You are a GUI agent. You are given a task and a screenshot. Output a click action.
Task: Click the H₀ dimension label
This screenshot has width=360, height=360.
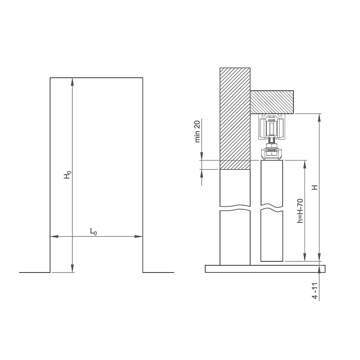67,175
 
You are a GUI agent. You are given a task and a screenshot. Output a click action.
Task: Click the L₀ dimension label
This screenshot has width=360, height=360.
93,232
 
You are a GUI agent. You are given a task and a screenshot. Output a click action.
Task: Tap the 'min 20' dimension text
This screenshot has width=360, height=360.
198,132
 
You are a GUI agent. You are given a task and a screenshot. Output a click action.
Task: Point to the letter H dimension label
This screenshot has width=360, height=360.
315,187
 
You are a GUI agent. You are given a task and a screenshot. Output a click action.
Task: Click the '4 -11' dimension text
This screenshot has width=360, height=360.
315,291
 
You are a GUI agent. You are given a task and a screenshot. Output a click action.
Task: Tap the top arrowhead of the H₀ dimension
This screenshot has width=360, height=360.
73,81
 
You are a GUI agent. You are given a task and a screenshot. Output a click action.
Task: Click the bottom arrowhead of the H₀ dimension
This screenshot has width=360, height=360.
73,269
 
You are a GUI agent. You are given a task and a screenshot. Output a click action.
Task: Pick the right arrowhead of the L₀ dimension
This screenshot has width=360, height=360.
139,237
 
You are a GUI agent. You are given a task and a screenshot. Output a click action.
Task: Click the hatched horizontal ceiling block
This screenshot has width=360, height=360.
273,102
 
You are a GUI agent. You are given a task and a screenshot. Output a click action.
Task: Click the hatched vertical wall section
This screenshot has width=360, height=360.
235,119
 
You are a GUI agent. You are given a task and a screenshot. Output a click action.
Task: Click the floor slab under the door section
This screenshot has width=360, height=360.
265,269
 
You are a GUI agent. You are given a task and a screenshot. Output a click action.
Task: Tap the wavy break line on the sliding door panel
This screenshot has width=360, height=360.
272,208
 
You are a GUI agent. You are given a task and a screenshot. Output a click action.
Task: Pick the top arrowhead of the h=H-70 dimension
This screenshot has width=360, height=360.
305,164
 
